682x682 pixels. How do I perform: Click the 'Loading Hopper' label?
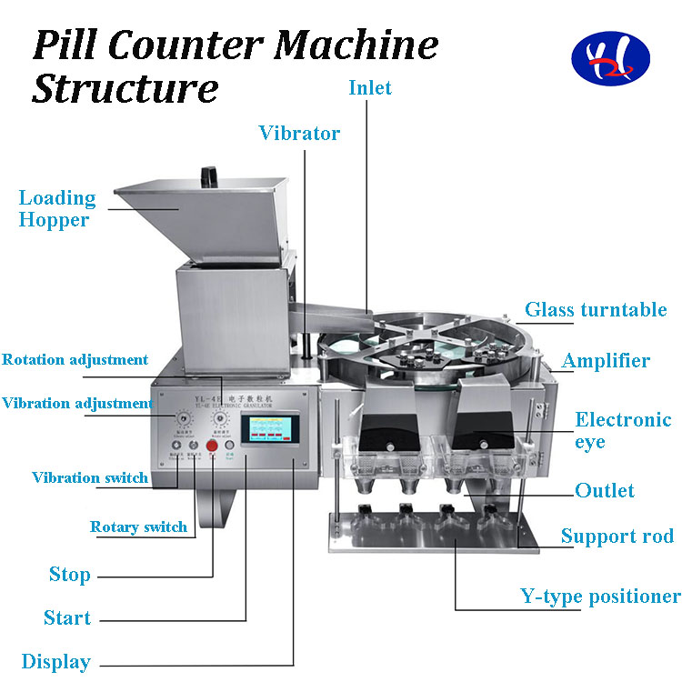tap(56, 208)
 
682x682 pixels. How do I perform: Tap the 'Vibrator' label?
tap(299, 134)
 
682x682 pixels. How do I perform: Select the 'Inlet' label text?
tap(370, 87)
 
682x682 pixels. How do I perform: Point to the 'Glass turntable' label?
tap(596, 310)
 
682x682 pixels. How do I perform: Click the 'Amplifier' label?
tap(606, 361)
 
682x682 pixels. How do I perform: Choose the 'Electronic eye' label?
tap(623, 431)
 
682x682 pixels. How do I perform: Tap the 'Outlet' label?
tap(605, 491)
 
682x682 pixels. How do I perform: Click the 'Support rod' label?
tap(617, 536)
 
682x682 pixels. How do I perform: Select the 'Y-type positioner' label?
tap(600, 597)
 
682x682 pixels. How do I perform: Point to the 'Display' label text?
tap(56, 662)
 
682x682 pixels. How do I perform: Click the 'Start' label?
tap(67, 618)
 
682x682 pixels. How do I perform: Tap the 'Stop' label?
tap(69, 575)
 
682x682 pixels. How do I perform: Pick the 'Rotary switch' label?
tap(138, 527)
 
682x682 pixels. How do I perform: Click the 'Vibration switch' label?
tap(90, 477)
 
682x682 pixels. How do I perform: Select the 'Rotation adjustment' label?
tap(75, 359)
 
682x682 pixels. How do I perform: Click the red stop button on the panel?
tap(213, 447)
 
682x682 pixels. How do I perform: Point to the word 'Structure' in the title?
tap(125, 89)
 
